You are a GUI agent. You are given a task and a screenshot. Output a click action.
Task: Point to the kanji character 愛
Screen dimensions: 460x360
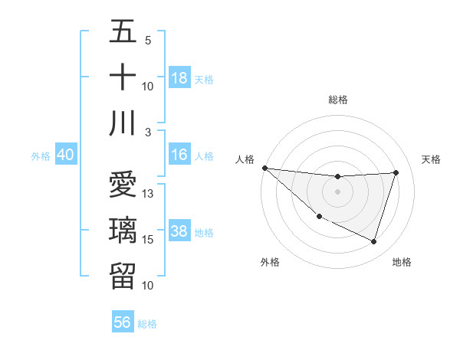click(x=123, y=186)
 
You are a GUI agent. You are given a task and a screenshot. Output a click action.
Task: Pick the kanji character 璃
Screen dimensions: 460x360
click(x=123, y=230)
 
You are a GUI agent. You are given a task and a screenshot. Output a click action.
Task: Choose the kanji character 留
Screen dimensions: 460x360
click(x=123, y=275)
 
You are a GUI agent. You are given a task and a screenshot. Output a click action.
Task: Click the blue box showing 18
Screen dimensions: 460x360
click(x=179, y=78)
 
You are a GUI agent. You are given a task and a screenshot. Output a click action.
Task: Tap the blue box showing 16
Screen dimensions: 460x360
click(x=179, y=155)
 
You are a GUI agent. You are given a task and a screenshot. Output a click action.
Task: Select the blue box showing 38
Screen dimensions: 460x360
click(x=179, y=231)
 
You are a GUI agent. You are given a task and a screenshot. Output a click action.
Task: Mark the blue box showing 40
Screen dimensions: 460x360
click(x=66, y=155)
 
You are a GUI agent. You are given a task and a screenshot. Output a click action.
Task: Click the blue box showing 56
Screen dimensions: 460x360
click(x=123, y=322)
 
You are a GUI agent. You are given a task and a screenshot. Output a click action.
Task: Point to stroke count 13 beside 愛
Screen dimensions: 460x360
click(x=149, y=194)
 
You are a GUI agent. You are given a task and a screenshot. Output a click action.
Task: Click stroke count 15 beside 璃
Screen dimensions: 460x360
click(x=149, y=240)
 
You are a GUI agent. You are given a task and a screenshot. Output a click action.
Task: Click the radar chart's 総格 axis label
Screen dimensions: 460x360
click(x=338, y=100)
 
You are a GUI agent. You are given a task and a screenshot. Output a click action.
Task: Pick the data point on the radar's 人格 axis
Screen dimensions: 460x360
click(x=265, y=168)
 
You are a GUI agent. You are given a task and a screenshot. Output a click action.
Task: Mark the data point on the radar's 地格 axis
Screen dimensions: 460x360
click(x=373, y=241)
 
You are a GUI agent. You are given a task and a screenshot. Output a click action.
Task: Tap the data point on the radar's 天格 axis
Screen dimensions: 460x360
click(x=396, y=172)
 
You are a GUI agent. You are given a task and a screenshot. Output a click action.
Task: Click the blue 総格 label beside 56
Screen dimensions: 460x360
click(x=147, y=324)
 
